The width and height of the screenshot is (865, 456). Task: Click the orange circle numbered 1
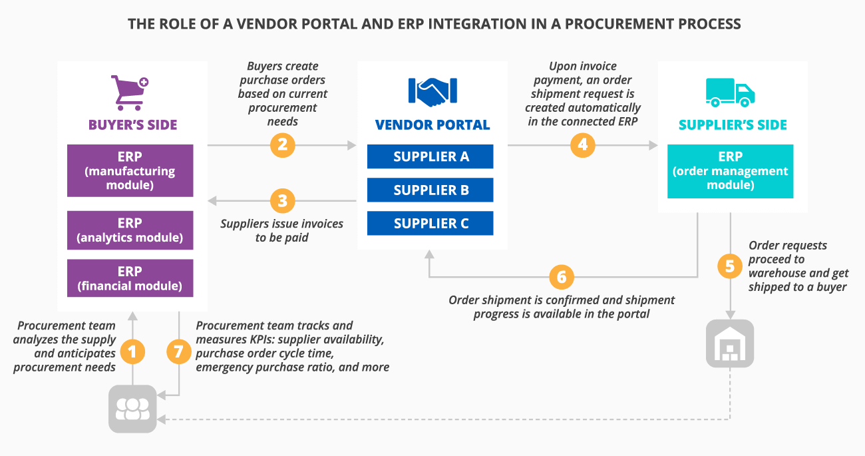click(132, 352)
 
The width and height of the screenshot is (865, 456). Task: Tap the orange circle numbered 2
click(282, 144)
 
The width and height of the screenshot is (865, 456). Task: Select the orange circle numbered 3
click(282, 200)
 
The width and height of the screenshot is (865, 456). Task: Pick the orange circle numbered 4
click(582, 144)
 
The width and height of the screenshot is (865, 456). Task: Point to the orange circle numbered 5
click(730, 266)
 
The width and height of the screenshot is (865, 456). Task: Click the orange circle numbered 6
click(562, 276)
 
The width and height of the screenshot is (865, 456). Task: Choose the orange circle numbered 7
click(178, 352)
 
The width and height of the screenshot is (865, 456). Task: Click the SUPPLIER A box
click(431, 156)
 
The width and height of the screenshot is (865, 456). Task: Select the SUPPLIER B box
click(431, 190)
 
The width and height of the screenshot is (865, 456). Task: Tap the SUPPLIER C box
click(431, 224)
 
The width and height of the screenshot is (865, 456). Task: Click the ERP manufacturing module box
click(130, 171)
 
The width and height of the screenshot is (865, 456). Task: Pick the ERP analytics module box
click(130, 230)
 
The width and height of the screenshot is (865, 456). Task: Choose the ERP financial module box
click(130, 278)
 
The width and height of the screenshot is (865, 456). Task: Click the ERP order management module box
click(730, 171)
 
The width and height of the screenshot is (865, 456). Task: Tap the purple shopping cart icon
click(129, 93)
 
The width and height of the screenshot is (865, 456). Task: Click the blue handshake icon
click(432, 93)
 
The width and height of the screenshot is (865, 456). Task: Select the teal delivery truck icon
click(730, 93)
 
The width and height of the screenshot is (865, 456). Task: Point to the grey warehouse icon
click(730, 343)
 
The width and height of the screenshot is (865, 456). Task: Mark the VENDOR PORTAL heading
click(432, 125)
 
